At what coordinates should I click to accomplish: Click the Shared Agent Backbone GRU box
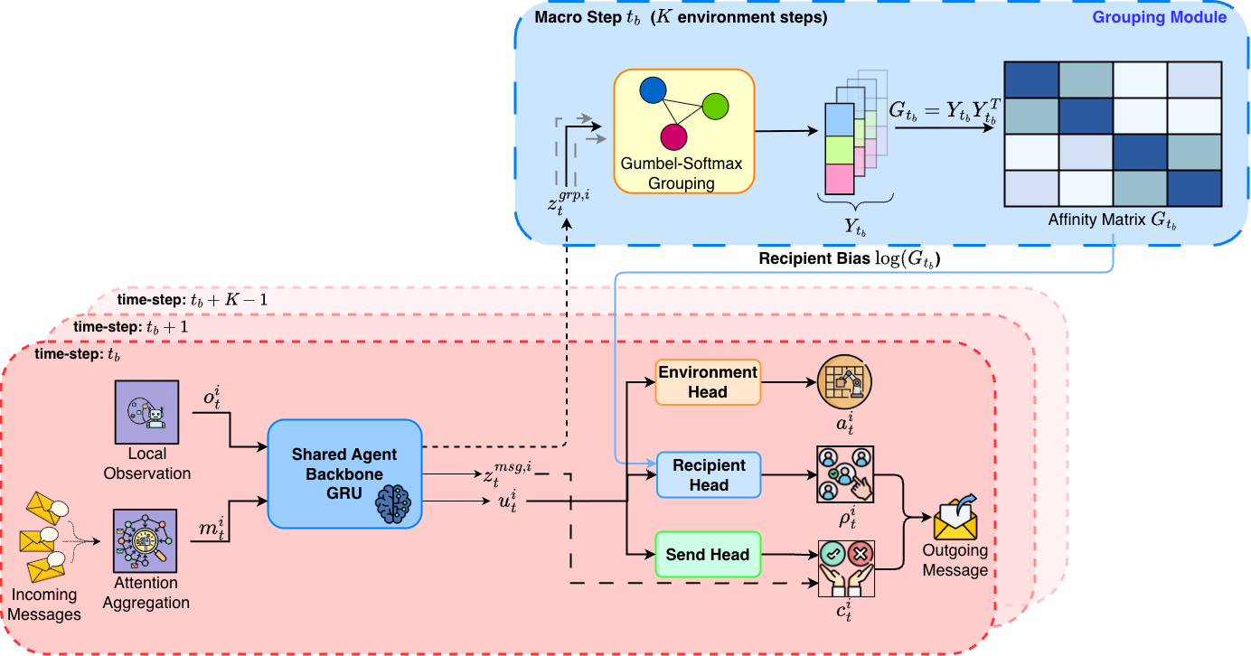tap(344, 474)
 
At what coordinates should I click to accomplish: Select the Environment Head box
tap(708, 381)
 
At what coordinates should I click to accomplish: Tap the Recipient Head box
tap(708, 475)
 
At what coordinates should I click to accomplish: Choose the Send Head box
tap(708, 555)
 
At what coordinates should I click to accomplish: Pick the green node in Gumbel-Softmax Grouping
tap(716, 106)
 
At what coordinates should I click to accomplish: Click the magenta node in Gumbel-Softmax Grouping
tap(673, 136)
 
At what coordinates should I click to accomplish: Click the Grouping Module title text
tap(1160, 17)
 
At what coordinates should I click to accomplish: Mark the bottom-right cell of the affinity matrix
tap(1194, 187)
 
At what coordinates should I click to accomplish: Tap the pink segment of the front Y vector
tap(840, 179)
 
